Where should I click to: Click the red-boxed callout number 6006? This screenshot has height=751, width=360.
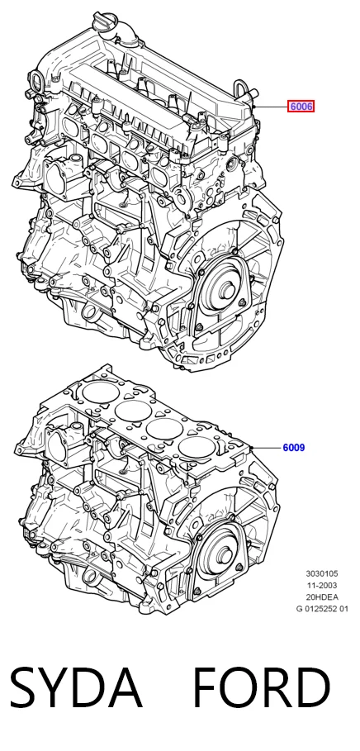pos(301,107)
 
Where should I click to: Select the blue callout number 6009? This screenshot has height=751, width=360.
pos(293,448)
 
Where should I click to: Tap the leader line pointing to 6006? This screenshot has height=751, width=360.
pos(271,107)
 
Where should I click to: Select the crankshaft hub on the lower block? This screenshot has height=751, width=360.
pos(223,556)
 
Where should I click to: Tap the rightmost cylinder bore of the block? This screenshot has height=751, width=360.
pos(197,446)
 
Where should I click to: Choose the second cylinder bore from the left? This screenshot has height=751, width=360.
pos(133,411)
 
